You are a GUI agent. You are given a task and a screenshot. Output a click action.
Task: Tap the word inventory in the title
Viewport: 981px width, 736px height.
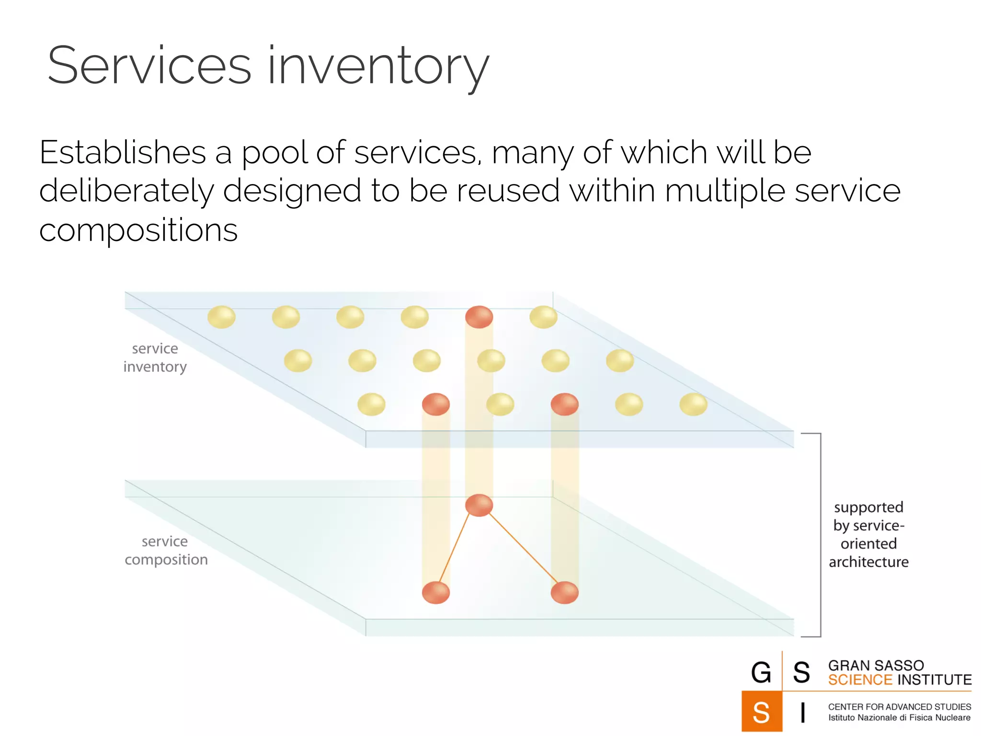pos(378,67)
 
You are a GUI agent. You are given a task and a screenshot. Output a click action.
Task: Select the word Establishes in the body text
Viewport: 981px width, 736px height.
pos(123,153)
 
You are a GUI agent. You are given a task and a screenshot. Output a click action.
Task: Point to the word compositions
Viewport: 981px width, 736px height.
pos(138,230)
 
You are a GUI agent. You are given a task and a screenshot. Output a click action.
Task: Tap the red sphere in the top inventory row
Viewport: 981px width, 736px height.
pos(479,317)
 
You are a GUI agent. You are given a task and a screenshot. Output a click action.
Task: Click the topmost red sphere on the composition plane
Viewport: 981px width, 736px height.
pos(479,505)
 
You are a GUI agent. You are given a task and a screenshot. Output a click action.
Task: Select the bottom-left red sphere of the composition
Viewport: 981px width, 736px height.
pos(436,592)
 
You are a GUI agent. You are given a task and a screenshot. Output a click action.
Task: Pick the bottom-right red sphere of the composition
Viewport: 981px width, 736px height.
pos(565,592)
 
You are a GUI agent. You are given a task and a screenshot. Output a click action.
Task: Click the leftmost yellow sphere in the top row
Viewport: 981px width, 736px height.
pos(221,317)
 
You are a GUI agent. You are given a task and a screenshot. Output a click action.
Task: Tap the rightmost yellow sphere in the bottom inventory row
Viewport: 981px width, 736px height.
pos(693,404)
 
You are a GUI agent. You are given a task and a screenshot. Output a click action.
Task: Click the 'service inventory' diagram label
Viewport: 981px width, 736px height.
pos(155,357)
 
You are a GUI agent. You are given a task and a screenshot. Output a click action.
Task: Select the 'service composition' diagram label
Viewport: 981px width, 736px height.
pos(166,551)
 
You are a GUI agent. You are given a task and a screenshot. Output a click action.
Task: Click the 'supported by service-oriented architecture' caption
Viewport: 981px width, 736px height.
pos(868,534)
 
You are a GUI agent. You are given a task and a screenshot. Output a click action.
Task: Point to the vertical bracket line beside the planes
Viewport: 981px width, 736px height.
pos(821,534)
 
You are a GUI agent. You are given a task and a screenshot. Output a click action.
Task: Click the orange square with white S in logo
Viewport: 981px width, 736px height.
pos(761,712)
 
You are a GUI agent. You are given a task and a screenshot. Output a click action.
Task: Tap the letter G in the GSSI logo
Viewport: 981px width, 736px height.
pos(761,672)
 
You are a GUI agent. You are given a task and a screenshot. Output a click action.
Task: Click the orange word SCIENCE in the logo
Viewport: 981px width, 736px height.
pos(860,680)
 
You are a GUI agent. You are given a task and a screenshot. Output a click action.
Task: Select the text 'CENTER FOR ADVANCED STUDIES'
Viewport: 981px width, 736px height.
pos(900,707)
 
